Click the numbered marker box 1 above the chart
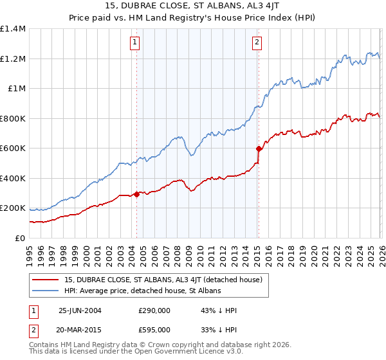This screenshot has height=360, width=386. click(136, 42)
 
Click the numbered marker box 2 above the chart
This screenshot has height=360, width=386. click(257, 42)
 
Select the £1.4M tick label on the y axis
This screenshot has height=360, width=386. click(13, 29)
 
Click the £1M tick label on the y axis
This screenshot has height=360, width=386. click(17, 89)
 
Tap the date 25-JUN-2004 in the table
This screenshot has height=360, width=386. click(80, 310)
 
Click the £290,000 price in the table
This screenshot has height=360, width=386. click(154, 310)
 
